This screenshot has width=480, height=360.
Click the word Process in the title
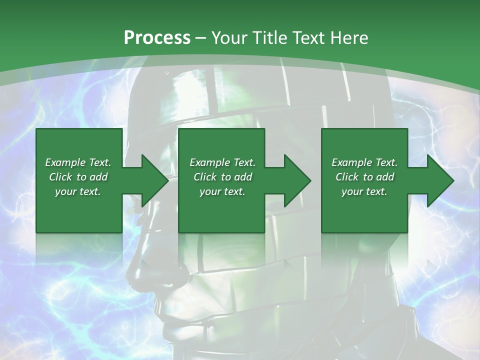point(157,38)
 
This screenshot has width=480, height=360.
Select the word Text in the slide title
point(308,38)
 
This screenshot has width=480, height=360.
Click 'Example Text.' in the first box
point(78,162)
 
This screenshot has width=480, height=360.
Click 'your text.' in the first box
point(78,191)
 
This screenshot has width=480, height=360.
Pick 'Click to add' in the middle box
point(222,177)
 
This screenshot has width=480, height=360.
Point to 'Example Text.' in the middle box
point(222,162)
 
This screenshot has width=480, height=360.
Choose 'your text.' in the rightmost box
point(364,191)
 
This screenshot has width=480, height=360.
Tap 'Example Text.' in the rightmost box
point(364,162)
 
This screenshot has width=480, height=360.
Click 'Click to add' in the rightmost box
point(364,177)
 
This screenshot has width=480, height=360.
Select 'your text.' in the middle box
point(222,191)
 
